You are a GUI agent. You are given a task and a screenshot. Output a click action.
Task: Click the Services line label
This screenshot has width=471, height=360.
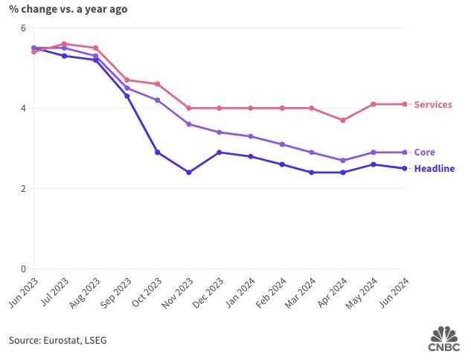[x=433, y=105]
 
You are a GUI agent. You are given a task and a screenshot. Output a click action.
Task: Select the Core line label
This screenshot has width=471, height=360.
[x=424, y=152]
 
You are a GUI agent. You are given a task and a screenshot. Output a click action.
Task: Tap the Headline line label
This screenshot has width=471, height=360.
[x=434, y=169]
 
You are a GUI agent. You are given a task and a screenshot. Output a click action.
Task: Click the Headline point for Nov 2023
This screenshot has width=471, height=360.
[x=188, y=173]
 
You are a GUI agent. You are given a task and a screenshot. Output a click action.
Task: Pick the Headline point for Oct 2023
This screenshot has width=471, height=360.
[x=157, y=152]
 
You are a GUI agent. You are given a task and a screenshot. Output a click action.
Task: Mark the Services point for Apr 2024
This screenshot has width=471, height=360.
[x=342, y=120]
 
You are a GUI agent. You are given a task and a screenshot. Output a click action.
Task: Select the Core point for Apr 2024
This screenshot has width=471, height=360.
[x=342, y=160]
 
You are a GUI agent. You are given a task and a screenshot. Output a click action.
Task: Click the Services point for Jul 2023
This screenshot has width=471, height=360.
[x=65, y=44]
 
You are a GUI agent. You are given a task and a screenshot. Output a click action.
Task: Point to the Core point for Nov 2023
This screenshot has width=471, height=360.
[x=188, y=124]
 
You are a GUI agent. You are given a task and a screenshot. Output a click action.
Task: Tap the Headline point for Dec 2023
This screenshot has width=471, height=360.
[x=219, y=152]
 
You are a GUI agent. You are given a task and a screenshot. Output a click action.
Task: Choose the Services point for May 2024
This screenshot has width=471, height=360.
[x=374, y=104]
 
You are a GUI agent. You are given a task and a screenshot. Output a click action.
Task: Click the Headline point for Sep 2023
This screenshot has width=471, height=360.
[x=126, y=96]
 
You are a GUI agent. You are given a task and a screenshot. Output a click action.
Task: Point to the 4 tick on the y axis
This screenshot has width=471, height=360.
[x=23, y=109]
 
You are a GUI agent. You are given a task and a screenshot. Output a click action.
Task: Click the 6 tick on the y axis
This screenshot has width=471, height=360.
[x=23, y=28]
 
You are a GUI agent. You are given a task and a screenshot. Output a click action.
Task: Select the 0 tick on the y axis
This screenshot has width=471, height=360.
[x=23, y=269]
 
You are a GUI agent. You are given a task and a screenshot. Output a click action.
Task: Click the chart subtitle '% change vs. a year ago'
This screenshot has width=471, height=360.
[x=68, y=9]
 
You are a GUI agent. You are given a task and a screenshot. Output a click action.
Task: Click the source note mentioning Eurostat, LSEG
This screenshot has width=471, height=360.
[x=57, y=340]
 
